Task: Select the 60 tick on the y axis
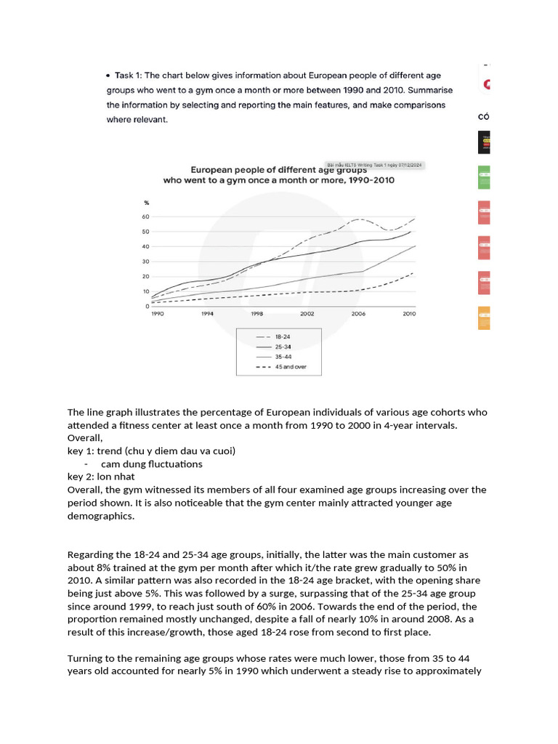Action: pyautogui.click(x=145, y=217)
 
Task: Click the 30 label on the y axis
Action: pyautogui.click(x=145, y=262)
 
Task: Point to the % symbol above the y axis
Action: pyautogui.click(x=146, y=203)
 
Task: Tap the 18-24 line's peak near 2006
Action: pyautogui.click(x=357, y=219)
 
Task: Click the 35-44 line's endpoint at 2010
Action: pyautogui.click(x=415, y=246)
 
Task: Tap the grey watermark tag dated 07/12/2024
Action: pyautogui.click(x=375, y=165)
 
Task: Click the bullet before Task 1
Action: pyautogui.click(x=109, y=76)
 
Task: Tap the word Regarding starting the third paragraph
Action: pyautogui.click(x=91, y=555)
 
